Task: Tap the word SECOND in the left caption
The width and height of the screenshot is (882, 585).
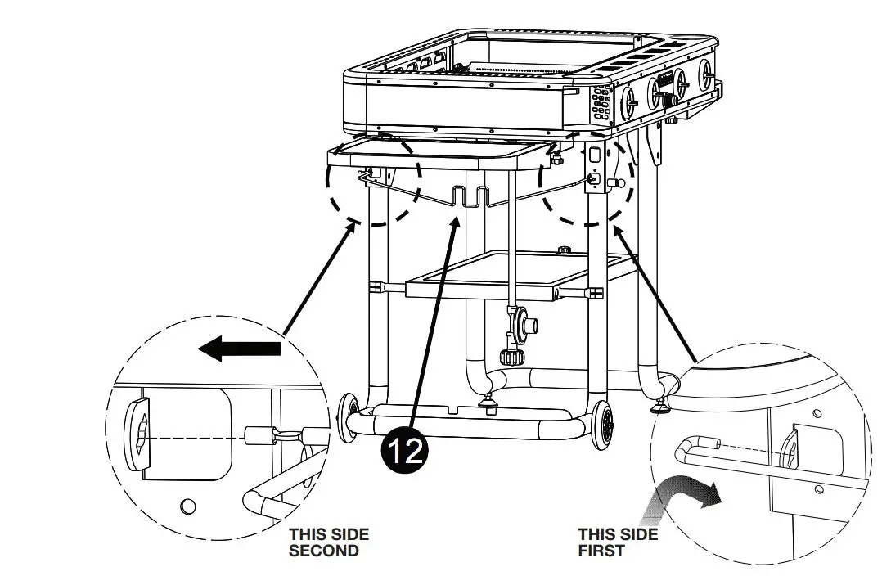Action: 323,551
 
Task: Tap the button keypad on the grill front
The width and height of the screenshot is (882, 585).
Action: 601,105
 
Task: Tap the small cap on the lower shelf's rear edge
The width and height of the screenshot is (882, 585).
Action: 562,250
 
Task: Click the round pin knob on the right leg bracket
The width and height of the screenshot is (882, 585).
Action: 619,182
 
